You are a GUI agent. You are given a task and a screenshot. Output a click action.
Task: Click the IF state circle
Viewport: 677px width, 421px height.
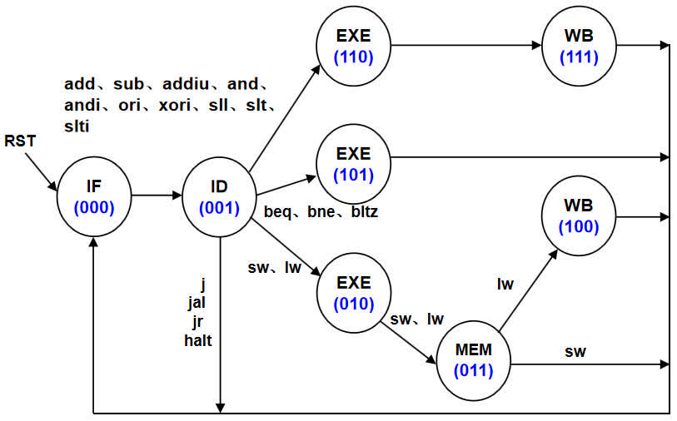click(93, 198)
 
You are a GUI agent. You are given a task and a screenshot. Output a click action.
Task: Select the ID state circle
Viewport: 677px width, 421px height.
click(219, 196)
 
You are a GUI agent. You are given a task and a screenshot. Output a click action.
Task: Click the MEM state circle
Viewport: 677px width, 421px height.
click(473, 361)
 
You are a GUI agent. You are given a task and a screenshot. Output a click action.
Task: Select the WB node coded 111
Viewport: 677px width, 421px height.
click(580, 47)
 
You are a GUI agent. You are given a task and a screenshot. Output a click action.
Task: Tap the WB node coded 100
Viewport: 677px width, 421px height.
click(580, 215)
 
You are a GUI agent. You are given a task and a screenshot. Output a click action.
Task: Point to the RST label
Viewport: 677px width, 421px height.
click(20, 141)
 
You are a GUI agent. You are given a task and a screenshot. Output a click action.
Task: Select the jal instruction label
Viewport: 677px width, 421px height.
click(197, 302)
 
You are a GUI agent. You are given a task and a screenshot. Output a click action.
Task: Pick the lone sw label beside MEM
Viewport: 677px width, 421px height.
click(575, 352)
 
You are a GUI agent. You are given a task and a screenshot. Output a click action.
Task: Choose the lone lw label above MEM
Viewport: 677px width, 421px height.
click(505, 284)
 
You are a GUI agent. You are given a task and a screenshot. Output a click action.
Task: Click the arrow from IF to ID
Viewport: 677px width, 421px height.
click(156, 196)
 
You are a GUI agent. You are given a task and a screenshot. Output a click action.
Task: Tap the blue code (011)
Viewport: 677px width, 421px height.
click(473, 371)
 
